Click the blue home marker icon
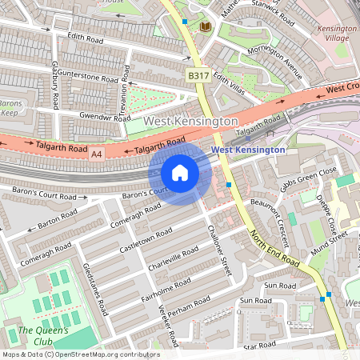click(x=180, y=173)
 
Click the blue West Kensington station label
click(x=247, y=150)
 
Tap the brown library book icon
click(x=205, y=27)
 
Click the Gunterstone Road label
click(x=88, y=78)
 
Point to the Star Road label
click(x=259, y=345)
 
